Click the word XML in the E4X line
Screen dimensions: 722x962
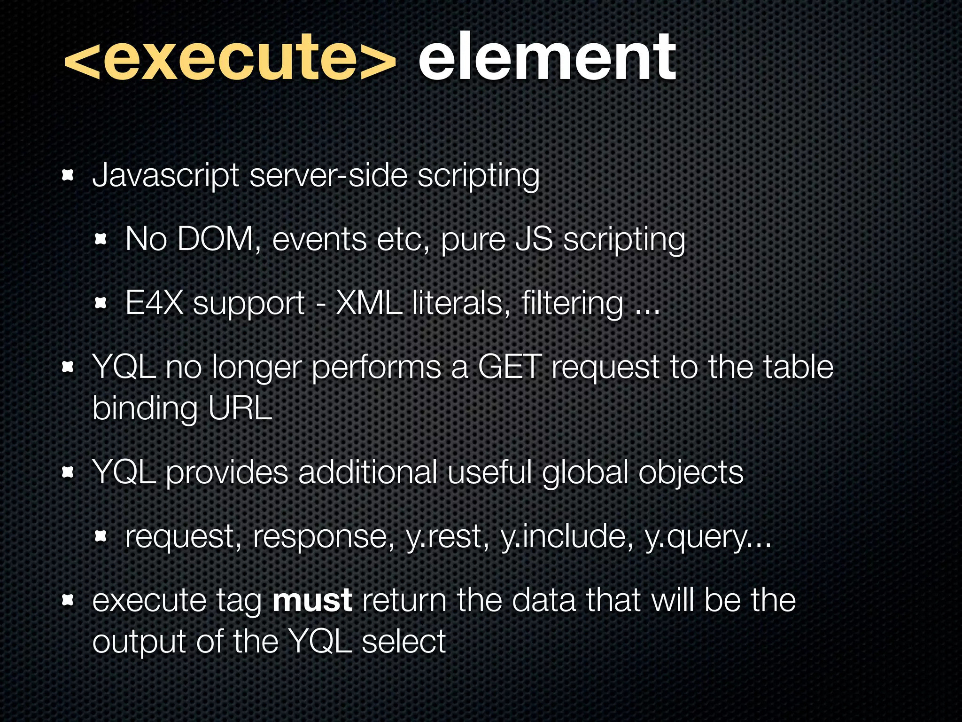point(369,303)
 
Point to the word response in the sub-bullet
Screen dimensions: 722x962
point(324,537)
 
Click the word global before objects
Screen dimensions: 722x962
point(585,472)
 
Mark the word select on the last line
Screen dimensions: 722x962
point(403,641)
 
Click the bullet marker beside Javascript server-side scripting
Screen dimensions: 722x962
point(68,176)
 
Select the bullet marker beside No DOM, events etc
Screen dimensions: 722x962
point(101,240)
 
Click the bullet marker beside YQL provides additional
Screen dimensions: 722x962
point(68,472)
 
